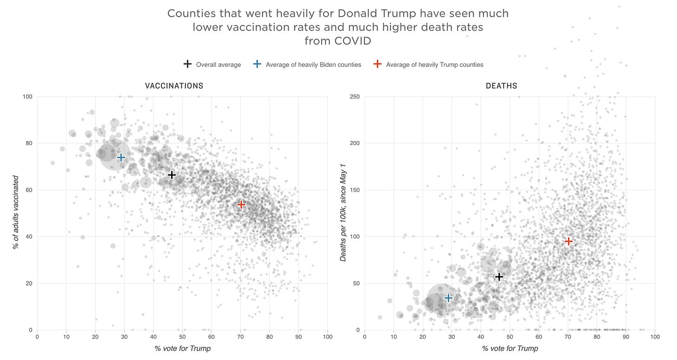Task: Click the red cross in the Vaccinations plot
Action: (x=241, y=204)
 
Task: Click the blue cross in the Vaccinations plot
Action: (x=121, y=158)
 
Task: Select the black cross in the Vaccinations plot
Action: (x=172, y=175)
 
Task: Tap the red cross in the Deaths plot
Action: (x=568, y=241)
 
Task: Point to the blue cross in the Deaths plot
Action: (x=448, y=298)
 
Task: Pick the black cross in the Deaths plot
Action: (x=499, y=277)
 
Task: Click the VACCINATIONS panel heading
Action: (x=174, y=86)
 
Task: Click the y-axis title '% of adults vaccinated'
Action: (x=16, y=212)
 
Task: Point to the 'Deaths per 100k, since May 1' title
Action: (x=344, y=212)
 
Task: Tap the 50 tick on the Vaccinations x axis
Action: (x=182, y=337)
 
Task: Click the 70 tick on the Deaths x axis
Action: (x=568, y=337)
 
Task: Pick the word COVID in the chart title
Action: (x=352, y=41)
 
